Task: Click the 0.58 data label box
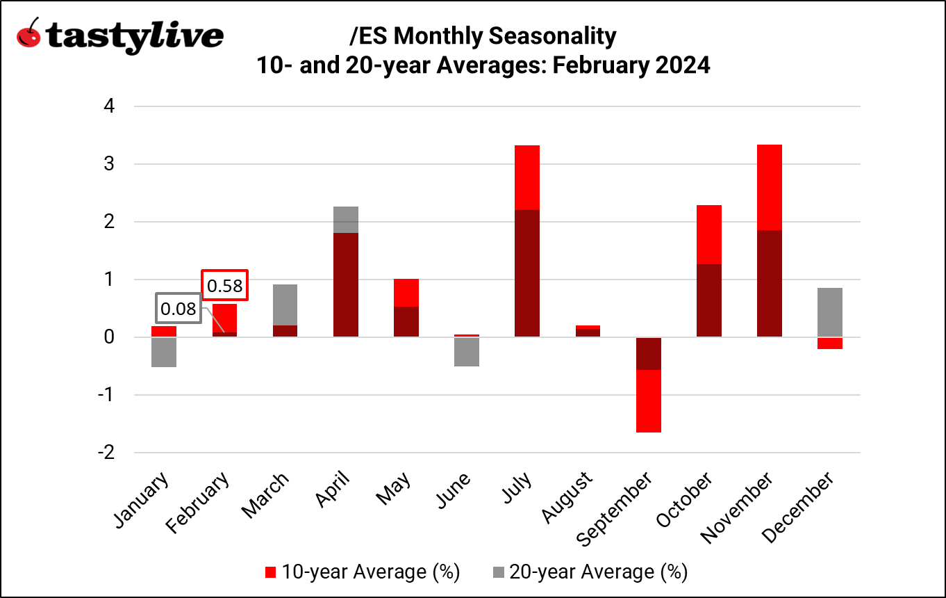click(x=225, y=286)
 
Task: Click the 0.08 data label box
click(x=178, y=309)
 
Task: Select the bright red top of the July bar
click(x=526, y=177)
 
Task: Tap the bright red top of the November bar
click(x=769, y=187)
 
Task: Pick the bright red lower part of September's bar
click(x=648, y=401)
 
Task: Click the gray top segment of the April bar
click(x=345, y=220)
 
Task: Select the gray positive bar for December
click(x=829, y=312)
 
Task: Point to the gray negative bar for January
click(x=163, y=352)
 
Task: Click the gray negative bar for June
click(x=466, y=352)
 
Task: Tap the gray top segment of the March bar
click(x=285, y=305)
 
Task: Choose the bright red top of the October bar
click(x=708, y=234)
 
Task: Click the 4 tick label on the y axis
click(x=110, y=106)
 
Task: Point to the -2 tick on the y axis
click(x=106, y=453)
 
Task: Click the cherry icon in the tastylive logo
click(x=28, y=35)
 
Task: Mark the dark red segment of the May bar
click(x=406, y=321)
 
